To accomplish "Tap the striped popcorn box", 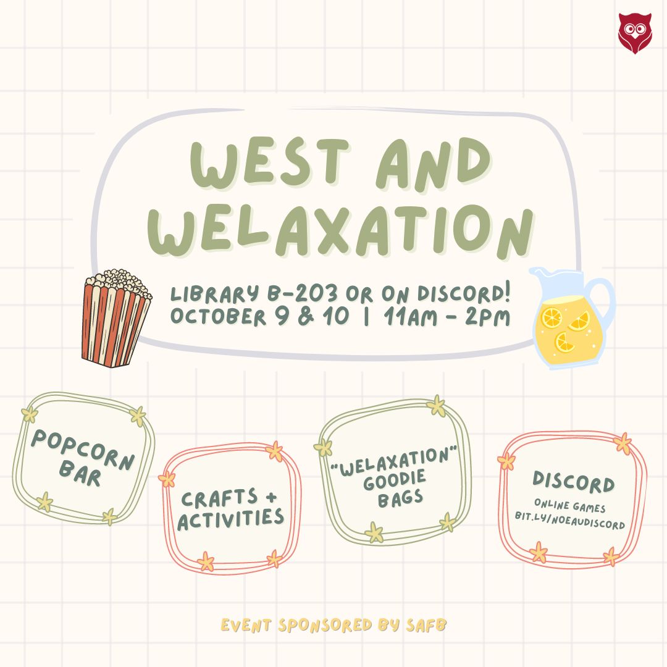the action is point(115,318).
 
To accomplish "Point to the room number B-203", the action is point(302,293).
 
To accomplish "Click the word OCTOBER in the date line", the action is point(218,316).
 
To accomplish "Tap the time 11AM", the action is point(410,317).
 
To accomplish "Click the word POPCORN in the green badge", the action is point(83,449).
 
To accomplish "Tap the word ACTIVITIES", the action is point(230,519).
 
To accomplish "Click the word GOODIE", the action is point(394,480).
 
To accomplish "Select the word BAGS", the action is point(400,498).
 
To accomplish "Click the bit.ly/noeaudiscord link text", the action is point(570,521).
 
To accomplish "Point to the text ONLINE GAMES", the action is point(570,505).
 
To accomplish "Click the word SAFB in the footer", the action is point(426,625).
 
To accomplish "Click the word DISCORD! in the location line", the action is point(463,293).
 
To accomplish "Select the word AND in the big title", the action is point(433,164).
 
